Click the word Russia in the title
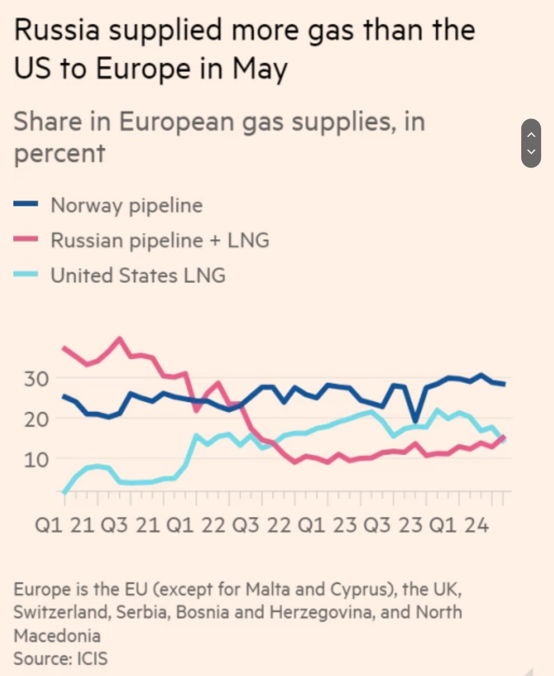point(56,30)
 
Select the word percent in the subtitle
point(60,153)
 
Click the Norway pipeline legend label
point(127,206)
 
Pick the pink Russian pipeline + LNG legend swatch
point(26,239)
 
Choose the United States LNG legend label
point(138,275)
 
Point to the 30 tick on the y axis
point(36,379)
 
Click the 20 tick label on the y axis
point(36,420)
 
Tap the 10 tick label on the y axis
point(36,460)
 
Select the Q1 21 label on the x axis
point(64,525)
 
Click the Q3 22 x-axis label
point(262,525)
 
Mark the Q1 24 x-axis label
point(459,525)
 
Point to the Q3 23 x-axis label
point(393,525)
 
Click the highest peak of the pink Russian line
point(120,339)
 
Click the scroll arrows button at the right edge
point(531,143)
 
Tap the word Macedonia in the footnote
point(57,636)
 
